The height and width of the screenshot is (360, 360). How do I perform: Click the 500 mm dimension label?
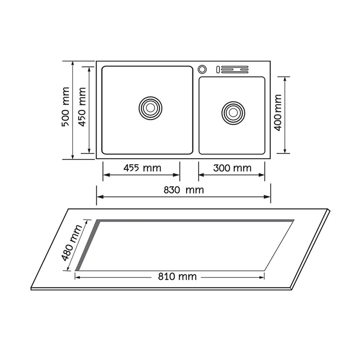[x=66, y=107]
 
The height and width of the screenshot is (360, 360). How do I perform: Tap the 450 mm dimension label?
[x=82, y=107]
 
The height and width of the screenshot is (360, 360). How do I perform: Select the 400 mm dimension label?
[x=278, y=113]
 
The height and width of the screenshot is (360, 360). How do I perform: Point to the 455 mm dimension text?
[x=142, y=168]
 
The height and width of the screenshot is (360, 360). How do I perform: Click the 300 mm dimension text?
[x=232, y=168]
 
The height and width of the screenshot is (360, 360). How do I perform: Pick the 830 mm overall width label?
[x=184, y=190]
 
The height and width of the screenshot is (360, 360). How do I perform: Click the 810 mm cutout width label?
[x=177, y=276]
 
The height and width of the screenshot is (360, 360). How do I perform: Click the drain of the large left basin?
[x=150, y=108]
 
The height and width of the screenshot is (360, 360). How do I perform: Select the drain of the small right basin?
[x=233, y=113]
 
